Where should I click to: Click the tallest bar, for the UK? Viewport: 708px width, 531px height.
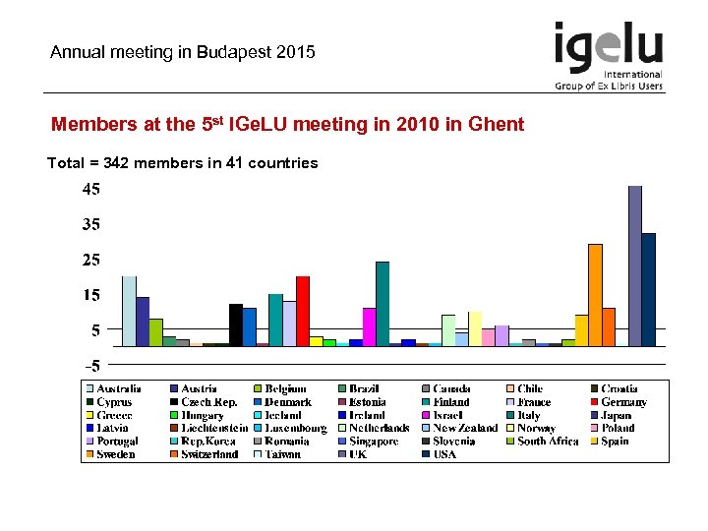[x=635, y=265]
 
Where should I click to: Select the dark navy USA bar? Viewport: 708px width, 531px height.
[x=649, y=289]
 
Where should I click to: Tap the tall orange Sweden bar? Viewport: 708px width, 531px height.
[x=595, y=295]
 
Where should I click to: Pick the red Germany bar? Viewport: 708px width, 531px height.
[x=303, y=311]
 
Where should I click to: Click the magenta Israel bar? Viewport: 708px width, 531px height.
[x=370, y=326]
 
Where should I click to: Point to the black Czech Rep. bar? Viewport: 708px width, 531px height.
[x=236, y=324]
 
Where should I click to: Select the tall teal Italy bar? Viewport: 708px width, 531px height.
[x=383, y=304]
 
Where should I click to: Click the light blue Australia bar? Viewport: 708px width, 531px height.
[x=129, y=311]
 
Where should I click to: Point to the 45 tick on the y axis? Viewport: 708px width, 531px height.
[x=89, y=189]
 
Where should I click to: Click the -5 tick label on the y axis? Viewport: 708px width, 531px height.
[x=89, y=366]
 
